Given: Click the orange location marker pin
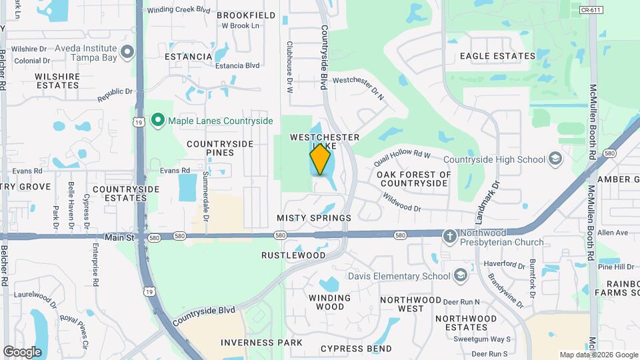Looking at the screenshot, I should pyautogui.click(x=320, y=159).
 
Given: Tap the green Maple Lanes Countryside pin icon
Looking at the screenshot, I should pyautogui.click(x=158, y=121).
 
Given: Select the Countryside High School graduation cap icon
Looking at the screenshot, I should pyautogui.click(x=555, y=159).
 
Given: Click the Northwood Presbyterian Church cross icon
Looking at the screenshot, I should pyautogui.click(x=451, y=235).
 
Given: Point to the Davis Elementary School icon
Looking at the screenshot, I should pyautogui.click(x=460, y=276).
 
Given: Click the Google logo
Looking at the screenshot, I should pyautogui.click(x=22, y=351).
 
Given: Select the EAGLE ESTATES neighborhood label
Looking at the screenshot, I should pyautogui.click(x=497, y=57).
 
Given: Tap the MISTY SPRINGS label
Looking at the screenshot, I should pyautogui.click(x=314, y=218).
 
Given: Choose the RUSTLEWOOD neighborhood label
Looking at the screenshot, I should pyautogui.click(x=293, y=255).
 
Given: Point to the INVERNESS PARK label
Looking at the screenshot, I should pyautogui.click(x=261, y=343).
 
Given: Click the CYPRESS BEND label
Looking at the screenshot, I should pyautogui.click(x=356, y=349).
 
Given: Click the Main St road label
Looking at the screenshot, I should pyautogui.click(x=120, y=237).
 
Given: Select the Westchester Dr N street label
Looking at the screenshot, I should pyautogui.click(x=359, y=88).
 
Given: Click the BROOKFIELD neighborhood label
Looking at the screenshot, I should pyautogui.click(x=246, y=15).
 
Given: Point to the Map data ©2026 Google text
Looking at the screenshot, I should pyautogui.click(x=599, y=355).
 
